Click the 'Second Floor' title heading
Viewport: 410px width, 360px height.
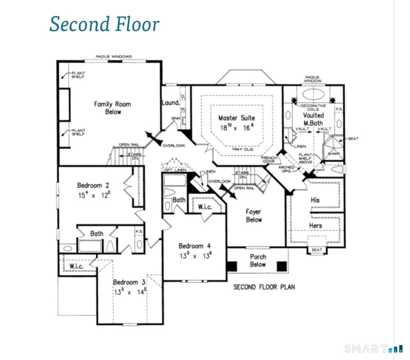(104, 24)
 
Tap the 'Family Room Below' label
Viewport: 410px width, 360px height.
(112, 108)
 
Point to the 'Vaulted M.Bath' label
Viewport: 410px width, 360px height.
(313, 120)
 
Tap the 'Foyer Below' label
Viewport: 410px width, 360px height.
(253, 215)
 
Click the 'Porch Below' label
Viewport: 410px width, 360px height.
(258, 261)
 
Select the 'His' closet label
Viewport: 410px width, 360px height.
(315, 200)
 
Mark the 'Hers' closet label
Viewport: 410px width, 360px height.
(315, 225)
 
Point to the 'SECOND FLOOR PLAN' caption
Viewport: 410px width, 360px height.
(264, 287)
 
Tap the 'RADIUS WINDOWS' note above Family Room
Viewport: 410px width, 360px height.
(114, 56)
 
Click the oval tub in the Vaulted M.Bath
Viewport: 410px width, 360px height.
(312, 95)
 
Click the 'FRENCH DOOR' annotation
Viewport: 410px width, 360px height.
(269, 160)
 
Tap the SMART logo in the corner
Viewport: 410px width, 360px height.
(373, 348)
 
